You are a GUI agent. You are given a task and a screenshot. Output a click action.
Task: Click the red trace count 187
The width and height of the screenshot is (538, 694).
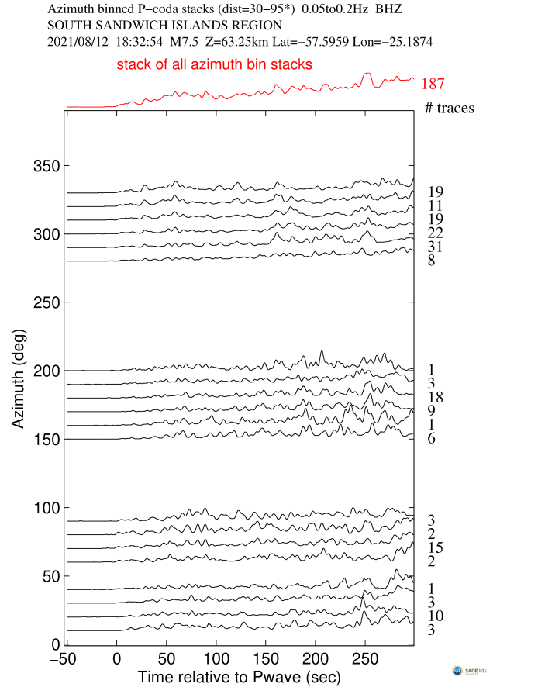(433, 85)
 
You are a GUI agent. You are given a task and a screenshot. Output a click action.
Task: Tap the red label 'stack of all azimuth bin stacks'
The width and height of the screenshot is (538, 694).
(215, 64)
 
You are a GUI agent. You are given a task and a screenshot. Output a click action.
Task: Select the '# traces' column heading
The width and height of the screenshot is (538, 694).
(450, 108)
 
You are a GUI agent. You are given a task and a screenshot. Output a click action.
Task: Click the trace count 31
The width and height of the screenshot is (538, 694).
(436, 247)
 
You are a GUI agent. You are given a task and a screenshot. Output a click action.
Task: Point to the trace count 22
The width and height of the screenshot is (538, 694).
(436, 233)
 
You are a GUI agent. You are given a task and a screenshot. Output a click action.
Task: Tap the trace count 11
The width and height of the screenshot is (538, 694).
(436, 206)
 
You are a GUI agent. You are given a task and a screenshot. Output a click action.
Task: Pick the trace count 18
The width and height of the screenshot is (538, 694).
(436, 398)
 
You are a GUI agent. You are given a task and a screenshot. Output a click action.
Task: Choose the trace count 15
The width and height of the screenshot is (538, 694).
(436, 548)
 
